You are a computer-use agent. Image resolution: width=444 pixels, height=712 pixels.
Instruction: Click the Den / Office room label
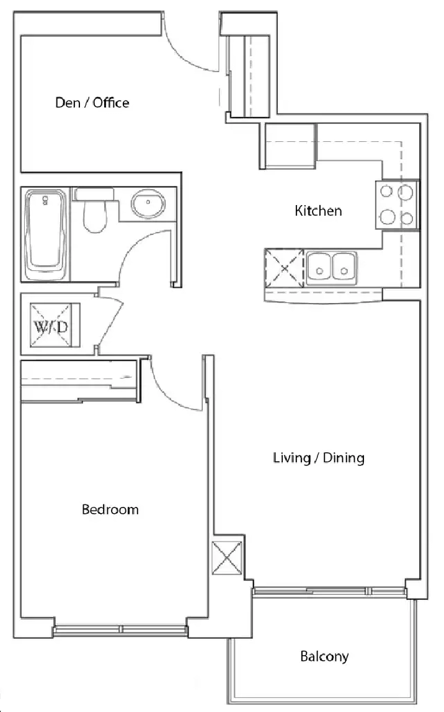pyautogui.click(x=92, y=103)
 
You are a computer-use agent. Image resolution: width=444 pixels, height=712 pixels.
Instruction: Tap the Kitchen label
pyautogui.click(x=318, y=211)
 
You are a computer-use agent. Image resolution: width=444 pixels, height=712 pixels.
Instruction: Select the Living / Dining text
pyautogui.click(x=319, y=458)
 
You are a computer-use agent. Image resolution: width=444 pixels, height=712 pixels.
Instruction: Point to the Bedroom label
pyautogui.click(x=110, y=509)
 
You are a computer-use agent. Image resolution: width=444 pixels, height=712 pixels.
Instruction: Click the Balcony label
pyautogui.click(x=324, y=657)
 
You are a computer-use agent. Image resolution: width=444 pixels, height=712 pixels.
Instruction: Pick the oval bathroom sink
pyautogui.click(x=148, y=203)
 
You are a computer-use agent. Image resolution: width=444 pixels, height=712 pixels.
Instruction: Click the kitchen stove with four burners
pyautogui.click(x=396, y=204)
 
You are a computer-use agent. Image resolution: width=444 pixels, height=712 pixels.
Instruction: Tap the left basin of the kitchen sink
pyautogui.click(x=319, y=266)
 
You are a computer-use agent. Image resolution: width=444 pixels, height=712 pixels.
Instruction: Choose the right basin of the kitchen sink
pyautogui.click(x=344, y=266)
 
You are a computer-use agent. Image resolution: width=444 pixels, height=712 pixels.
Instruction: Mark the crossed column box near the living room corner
pyautogui.click(x=228, y=558)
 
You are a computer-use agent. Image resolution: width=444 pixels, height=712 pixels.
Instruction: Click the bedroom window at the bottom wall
pyautogui.click(x=120, y=630)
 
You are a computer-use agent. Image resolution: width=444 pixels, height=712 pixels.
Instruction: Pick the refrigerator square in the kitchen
pyautogui.click(x=288, y=146)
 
